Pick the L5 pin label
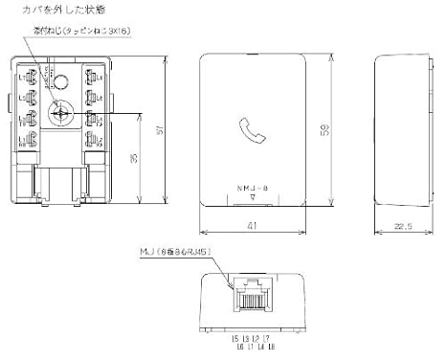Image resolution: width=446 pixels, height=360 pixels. coord(235,338)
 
